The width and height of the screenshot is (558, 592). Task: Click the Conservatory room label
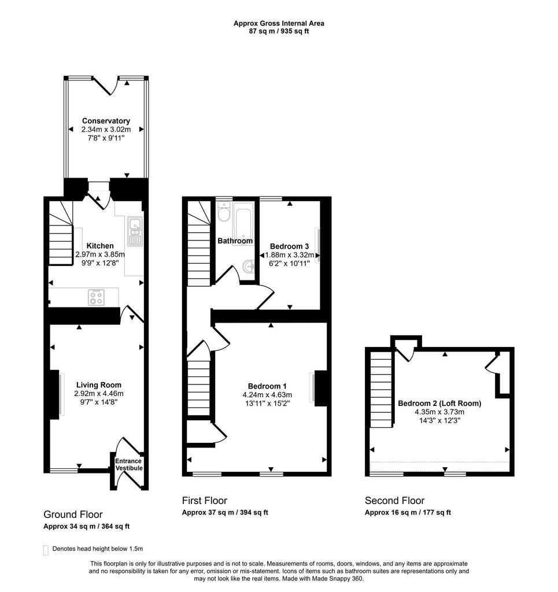106,121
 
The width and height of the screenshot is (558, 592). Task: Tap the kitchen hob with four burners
96,297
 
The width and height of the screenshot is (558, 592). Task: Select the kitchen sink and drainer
135,231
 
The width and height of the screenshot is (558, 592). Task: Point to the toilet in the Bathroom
224,211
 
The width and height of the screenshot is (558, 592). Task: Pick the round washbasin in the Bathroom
249,267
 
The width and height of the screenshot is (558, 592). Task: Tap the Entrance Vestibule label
129,464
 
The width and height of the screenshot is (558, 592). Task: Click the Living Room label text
99,384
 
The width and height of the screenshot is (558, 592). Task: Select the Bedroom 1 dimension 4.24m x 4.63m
267,394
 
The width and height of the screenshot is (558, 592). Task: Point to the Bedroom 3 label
289,246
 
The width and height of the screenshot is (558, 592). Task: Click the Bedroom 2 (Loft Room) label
439,403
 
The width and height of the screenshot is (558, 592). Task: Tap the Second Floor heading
394,501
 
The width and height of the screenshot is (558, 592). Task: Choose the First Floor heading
205,501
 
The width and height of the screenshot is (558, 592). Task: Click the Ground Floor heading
73,515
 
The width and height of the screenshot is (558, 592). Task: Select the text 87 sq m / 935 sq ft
279,31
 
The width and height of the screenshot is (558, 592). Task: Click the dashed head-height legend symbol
46,550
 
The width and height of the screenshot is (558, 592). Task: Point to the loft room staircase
381,390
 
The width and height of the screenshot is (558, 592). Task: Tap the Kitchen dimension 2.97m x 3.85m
100,254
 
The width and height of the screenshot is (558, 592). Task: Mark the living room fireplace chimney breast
54,394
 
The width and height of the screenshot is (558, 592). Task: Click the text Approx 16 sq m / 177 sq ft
408,512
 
